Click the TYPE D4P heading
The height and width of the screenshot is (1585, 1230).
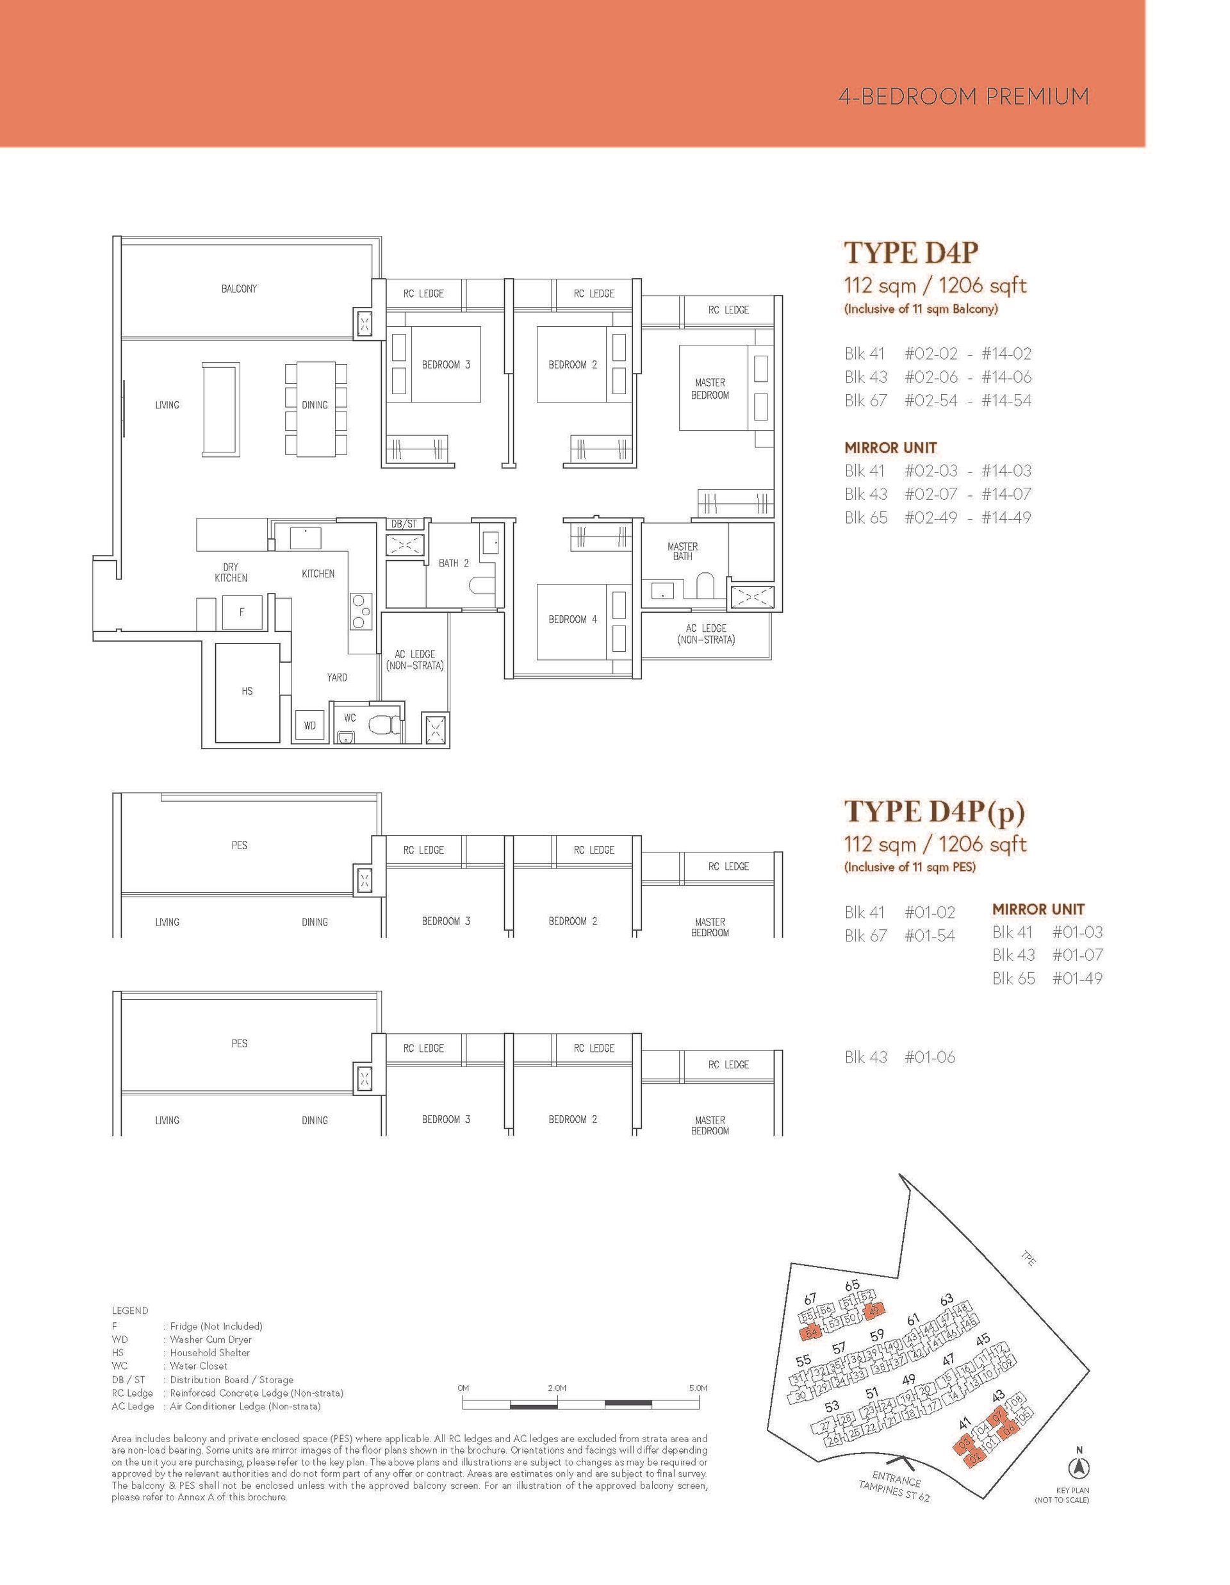912,253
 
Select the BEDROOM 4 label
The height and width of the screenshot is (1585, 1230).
573,619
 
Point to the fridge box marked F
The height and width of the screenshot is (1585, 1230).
242,613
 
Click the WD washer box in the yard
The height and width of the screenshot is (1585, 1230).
309,725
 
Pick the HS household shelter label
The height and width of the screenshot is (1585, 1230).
247,691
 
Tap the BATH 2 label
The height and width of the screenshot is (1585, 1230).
454,563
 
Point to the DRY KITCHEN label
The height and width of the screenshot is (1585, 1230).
231,572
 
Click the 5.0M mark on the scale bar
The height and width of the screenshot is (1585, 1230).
698,1388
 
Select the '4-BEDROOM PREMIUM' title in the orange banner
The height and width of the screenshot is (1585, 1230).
963,97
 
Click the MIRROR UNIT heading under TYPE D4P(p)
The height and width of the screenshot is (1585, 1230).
1038,909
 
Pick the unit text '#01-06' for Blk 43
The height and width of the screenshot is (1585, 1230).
930,1058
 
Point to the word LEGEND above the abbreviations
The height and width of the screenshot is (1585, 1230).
130,1311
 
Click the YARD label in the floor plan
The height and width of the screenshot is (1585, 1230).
336,677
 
